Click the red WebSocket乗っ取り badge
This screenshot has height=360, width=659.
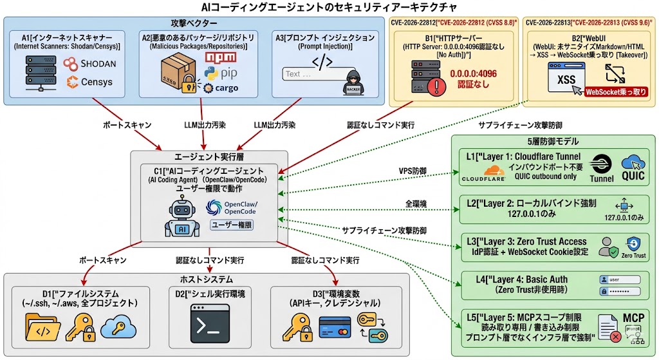point(615,92)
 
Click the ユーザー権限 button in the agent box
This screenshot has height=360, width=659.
point(232,225)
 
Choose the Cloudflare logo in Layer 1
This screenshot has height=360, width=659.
point(484,172)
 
